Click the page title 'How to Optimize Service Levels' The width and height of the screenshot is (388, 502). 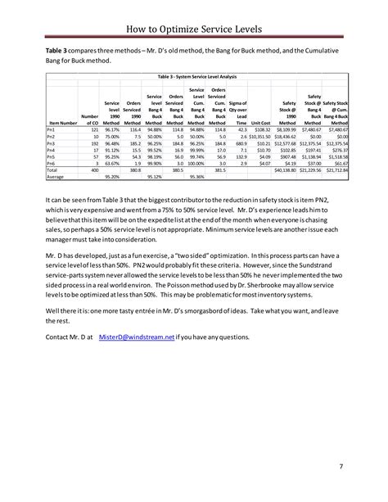point(194,29)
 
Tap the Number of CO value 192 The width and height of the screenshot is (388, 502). point(94,142)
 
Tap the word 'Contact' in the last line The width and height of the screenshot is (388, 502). point(57,336)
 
